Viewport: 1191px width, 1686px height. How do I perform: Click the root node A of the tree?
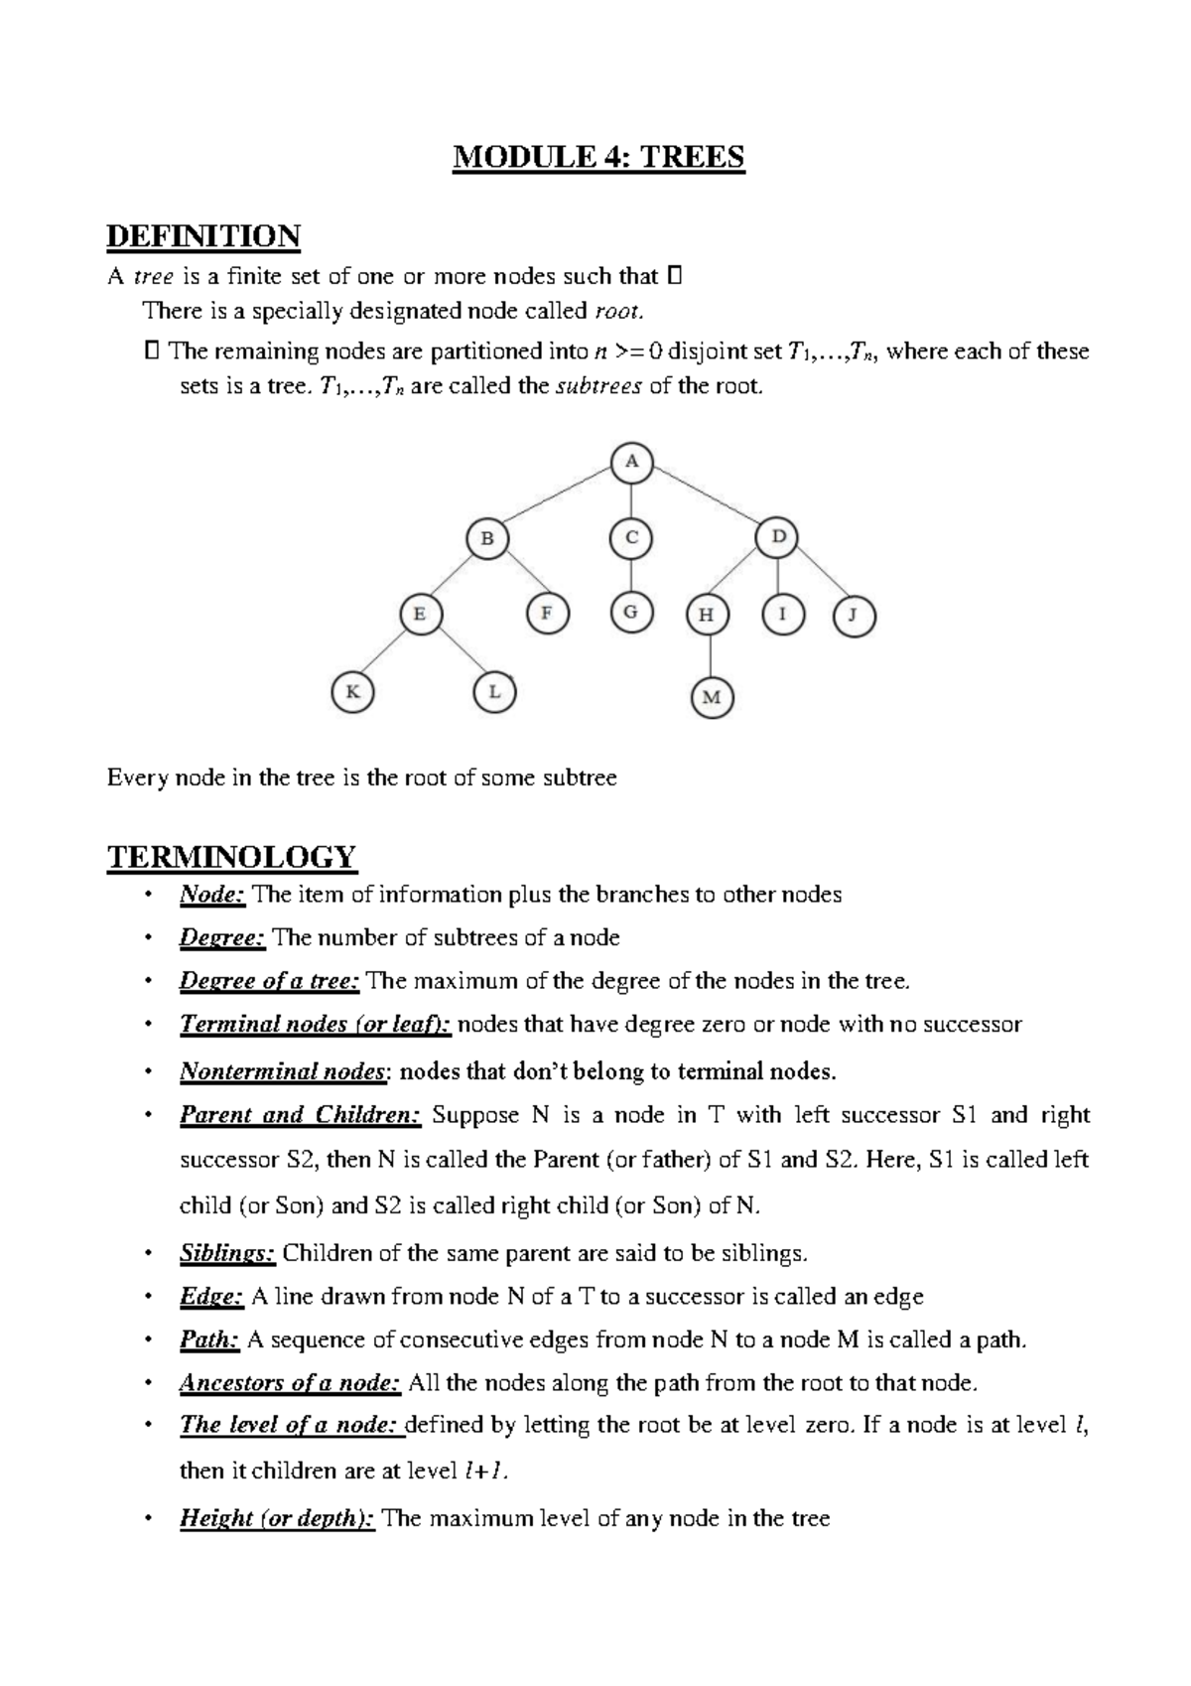632,463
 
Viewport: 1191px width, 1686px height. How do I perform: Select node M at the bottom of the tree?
711,697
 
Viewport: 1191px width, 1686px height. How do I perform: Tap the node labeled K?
351,692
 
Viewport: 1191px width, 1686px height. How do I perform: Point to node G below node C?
630,612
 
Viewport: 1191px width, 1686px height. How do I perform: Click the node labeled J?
854,616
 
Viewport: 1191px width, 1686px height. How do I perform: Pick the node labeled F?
546,613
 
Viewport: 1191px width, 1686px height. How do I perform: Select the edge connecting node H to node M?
710,655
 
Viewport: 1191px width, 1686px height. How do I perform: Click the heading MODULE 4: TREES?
598,158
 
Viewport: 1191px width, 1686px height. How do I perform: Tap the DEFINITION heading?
203,236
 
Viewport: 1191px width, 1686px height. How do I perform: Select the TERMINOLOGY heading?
231,856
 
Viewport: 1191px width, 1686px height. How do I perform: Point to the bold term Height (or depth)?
277,1518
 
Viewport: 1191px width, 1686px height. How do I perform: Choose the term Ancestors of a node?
290,1383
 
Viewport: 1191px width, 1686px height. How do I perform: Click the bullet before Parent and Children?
148,1115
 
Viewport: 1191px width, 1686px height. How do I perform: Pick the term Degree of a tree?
269,981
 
